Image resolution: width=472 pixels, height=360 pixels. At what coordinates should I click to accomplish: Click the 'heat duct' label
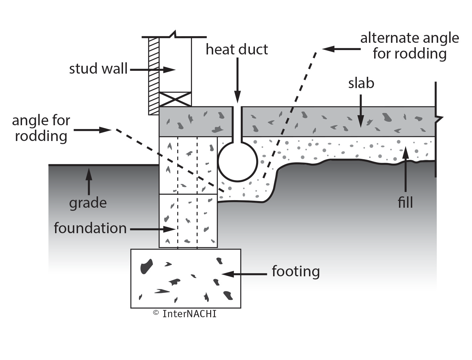coord(237,50)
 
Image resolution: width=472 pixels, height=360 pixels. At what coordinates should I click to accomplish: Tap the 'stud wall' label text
coord(98,69)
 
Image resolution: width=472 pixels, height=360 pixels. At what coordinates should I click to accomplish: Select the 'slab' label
coord(361,83)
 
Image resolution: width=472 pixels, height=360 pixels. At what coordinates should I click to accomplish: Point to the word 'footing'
coord(295,271)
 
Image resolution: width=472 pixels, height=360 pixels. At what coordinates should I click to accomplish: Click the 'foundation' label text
coord(90,228)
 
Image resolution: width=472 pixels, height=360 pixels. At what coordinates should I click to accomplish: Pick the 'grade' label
coord(88,203)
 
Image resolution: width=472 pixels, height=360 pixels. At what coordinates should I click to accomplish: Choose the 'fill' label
coord(405,202)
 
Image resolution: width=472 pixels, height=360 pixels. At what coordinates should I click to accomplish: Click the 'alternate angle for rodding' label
coord(409,46)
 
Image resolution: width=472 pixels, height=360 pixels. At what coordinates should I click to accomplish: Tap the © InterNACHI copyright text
coord(185,314)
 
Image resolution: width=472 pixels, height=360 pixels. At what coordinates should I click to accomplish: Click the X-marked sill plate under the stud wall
coord(175,99)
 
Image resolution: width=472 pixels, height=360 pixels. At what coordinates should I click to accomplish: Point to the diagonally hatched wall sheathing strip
coord(154,76)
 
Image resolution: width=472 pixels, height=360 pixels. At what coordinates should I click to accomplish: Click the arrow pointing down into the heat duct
coord(238,80)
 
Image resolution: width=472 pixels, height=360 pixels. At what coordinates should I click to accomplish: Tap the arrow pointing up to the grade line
coord(89,181)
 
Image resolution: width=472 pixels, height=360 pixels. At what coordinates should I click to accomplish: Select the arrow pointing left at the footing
coord(244,274)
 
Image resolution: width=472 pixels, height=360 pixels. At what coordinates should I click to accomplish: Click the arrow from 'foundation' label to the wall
coord(153,229)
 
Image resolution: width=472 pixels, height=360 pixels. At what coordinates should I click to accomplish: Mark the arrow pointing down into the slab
coord(361,110)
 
